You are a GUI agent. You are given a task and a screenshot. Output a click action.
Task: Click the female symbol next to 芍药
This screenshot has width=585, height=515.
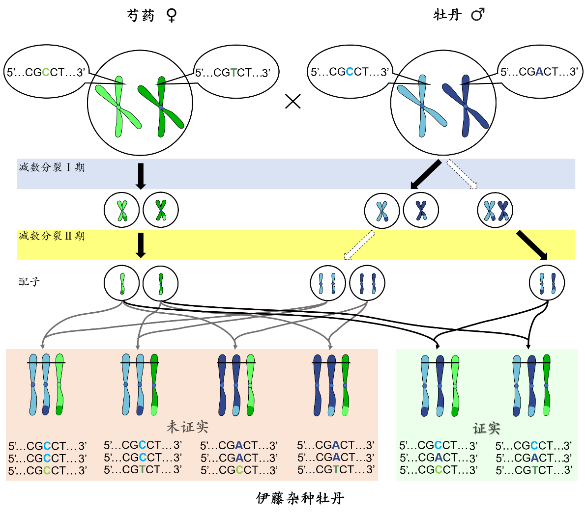click(171, 15)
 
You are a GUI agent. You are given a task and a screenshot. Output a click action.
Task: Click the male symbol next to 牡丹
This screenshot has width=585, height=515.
click(477, 15)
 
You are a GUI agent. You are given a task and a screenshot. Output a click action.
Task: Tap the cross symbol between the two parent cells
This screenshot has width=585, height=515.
click(293, 102)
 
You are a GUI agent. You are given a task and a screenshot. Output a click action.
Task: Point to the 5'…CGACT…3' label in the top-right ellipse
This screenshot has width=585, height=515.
click(539, 72)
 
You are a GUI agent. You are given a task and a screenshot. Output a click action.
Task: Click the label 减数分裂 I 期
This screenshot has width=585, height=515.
click(52, 167)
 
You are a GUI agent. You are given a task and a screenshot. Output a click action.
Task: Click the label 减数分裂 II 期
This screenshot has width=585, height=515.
click(52, 236)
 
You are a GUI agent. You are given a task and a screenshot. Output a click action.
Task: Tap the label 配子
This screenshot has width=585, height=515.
click(29, 282)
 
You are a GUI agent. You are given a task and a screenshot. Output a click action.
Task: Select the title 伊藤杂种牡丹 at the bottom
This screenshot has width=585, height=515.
click(300, 498)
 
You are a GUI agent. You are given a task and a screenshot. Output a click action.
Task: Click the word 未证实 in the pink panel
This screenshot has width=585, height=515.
click(188, 427)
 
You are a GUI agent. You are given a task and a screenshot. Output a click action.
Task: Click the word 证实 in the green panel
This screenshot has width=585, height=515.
click(486, 429)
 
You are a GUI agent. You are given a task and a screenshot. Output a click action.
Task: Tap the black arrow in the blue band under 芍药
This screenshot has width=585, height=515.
click(141, 176)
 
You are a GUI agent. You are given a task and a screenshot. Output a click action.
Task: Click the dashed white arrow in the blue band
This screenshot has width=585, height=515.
click(462, 174)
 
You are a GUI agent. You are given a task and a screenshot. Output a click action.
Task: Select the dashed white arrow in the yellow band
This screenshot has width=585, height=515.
click(359, 244)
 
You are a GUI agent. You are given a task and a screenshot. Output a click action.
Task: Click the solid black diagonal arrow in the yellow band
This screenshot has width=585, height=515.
click(532, 245)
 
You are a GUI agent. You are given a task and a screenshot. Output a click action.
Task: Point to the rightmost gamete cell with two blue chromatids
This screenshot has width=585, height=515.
click(547, 283)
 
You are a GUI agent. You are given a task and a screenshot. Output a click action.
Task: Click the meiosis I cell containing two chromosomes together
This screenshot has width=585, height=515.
click(495, 211)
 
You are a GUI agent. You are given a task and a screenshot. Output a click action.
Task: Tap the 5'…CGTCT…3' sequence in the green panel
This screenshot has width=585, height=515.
click(534, 470)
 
